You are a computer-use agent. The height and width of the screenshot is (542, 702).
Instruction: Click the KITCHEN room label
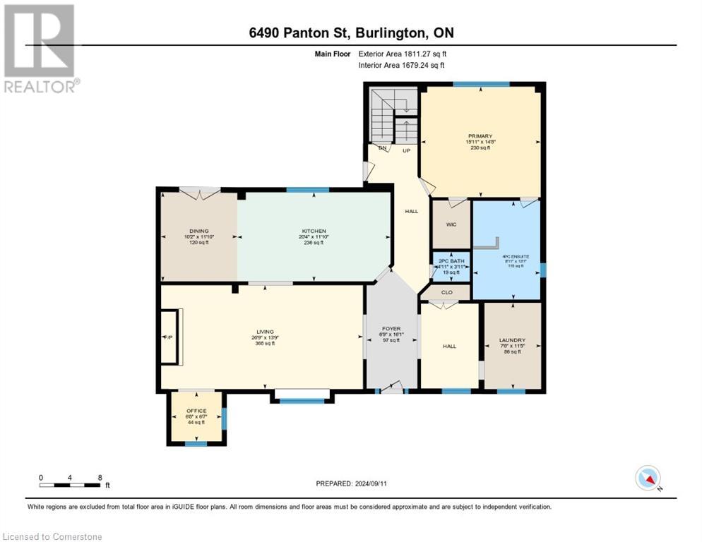pos(314,231)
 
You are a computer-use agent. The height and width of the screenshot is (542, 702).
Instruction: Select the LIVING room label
pos(265,332)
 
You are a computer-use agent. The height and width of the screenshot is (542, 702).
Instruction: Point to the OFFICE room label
pos(196,411)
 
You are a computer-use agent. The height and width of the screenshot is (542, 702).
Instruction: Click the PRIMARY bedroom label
pos(480,136)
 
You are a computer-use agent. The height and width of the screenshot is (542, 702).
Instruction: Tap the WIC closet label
pos(451,225)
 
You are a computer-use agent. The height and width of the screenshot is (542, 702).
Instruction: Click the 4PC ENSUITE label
pos(508,256)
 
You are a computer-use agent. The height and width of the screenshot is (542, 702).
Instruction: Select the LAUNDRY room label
pos(513,340)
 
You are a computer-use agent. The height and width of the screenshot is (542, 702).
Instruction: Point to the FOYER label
pos(391,329)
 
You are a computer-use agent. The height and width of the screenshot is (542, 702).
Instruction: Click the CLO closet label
pos(447,292)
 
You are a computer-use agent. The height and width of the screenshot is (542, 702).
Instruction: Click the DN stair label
pos(383,148)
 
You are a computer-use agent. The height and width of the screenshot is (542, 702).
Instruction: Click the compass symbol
pos(648,478)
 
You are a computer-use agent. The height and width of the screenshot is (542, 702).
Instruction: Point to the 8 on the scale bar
pos(100,477)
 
